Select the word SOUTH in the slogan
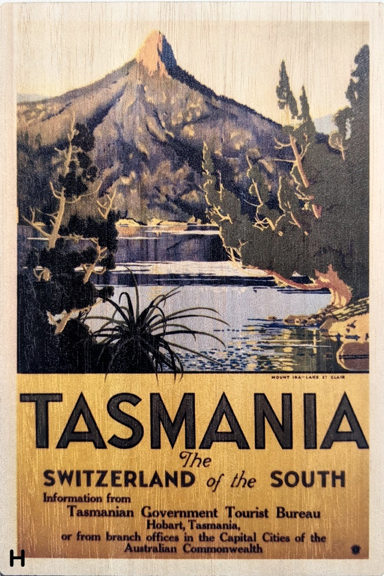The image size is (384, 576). coord(308,479)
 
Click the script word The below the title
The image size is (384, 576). coord(195,459)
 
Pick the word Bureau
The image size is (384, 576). coord(298,512)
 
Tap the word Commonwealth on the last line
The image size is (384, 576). coord(227,548)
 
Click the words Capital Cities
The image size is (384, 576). coord(268,537)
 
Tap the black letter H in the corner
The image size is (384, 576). coord(17,558)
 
